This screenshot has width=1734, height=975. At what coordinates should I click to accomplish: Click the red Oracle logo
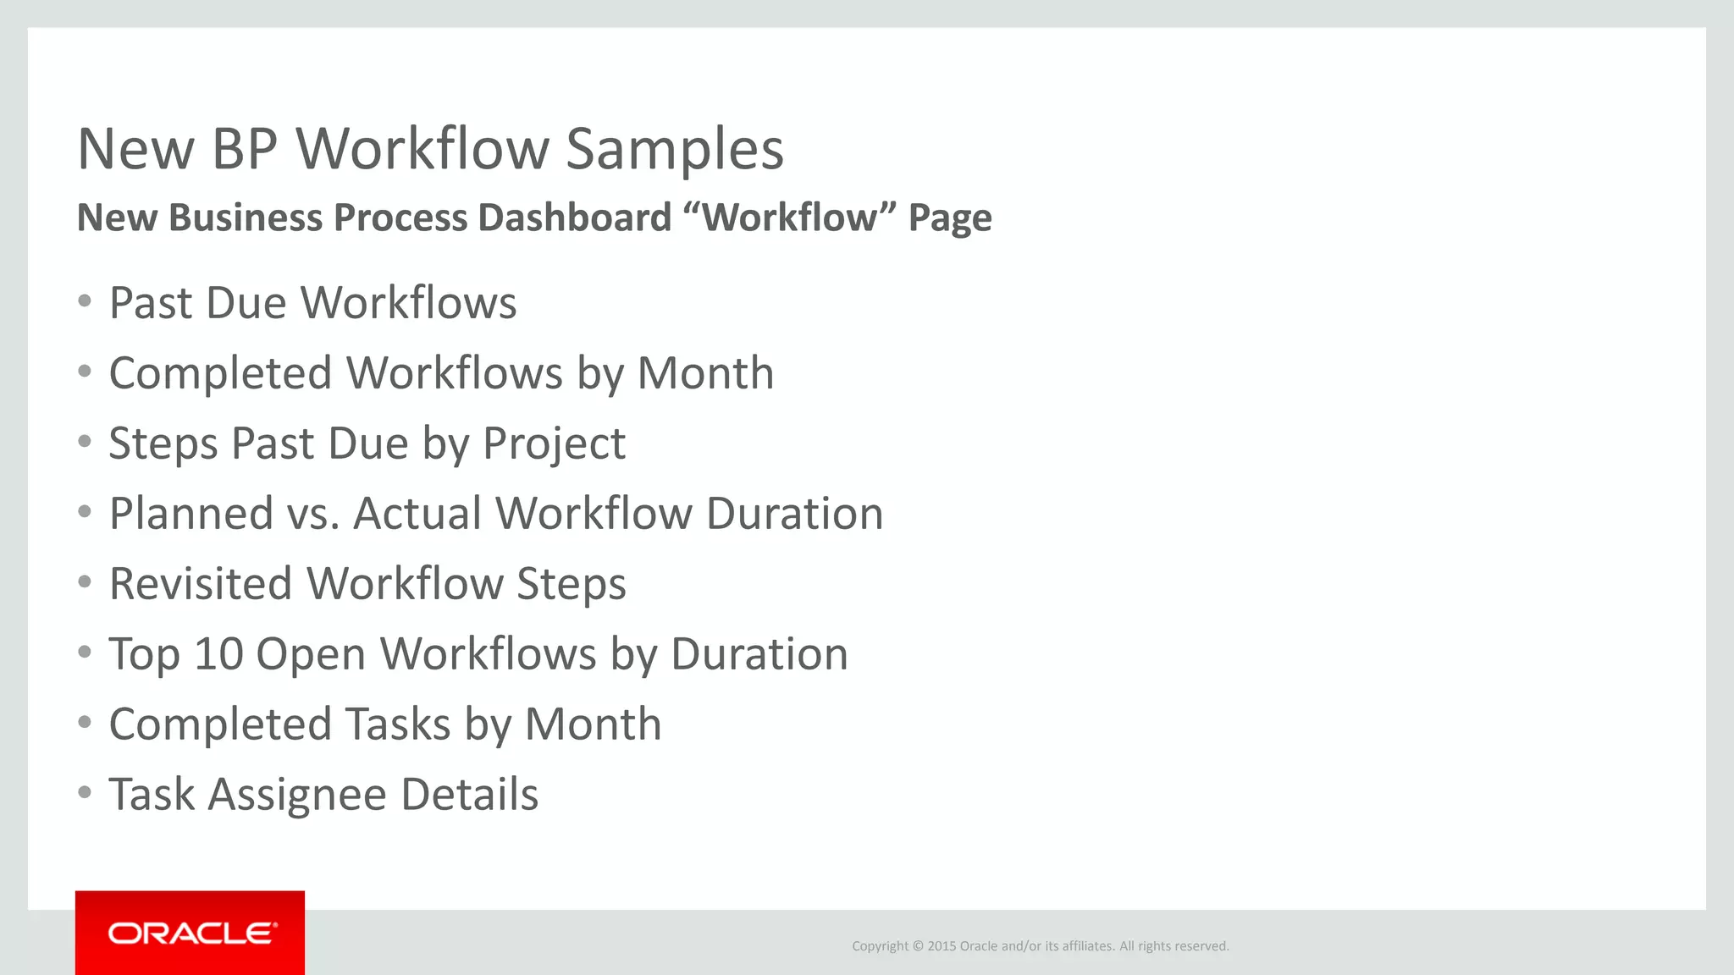[190, 933]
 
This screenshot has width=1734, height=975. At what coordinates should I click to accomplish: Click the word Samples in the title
[674, 149]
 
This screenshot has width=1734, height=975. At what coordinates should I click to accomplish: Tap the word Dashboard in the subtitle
[575, 218]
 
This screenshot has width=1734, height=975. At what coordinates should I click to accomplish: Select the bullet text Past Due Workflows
[312, 303]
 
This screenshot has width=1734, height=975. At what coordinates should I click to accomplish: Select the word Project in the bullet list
[554, 443]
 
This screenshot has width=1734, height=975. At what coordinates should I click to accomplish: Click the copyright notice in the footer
[1040, 946]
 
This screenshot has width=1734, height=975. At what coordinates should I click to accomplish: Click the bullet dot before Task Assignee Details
[84, 793]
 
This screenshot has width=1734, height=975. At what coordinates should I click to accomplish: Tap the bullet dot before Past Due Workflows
[84, 301]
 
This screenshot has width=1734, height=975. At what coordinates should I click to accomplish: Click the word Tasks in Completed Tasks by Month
[398, 724]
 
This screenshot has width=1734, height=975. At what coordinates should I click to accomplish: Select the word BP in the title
[245, 149]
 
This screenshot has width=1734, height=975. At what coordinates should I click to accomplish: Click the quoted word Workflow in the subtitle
[790, 218]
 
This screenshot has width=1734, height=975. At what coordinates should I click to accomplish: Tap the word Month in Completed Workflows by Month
[705, 373]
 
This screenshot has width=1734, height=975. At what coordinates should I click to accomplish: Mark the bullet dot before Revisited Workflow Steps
[84, 582]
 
